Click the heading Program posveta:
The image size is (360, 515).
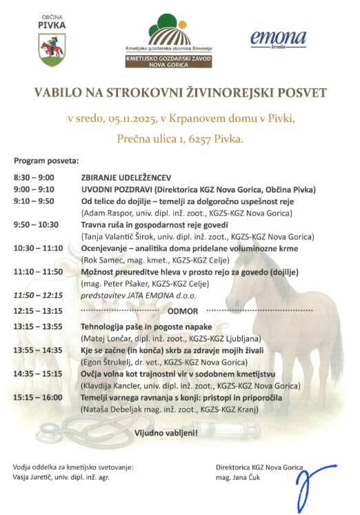[46, 159]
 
